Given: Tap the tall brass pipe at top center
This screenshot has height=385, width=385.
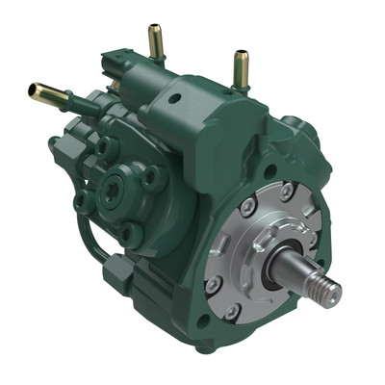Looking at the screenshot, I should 154,42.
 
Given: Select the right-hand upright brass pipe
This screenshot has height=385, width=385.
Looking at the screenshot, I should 240,66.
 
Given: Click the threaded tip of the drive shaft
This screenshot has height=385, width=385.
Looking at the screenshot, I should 328,288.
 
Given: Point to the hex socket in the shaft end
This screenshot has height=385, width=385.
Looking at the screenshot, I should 336,292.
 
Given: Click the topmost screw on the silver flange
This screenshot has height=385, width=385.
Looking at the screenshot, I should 286,194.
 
